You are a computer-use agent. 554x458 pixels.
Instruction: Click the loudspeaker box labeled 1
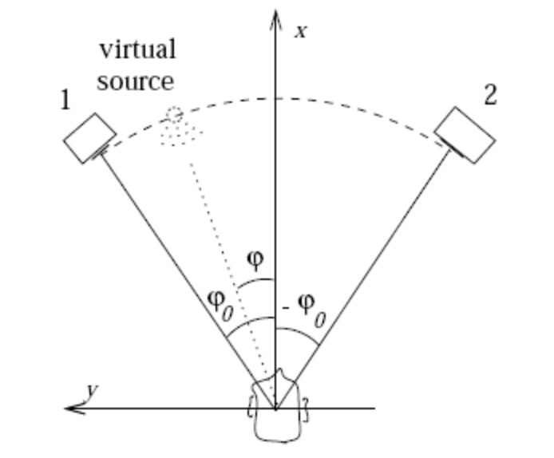(89, 137)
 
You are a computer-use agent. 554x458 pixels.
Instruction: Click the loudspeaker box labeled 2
(465, 135)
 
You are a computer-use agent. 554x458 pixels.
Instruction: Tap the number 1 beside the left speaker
(65, 101)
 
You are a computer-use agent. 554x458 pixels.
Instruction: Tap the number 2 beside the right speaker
(490, 96)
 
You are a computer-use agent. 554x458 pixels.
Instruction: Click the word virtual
(137, 49)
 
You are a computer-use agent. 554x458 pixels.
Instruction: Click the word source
(136, 81)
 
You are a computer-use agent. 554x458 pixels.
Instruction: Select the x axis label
(301, 33)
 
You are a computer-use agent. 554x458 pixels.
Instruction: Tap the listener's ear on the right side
(304, 409)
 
